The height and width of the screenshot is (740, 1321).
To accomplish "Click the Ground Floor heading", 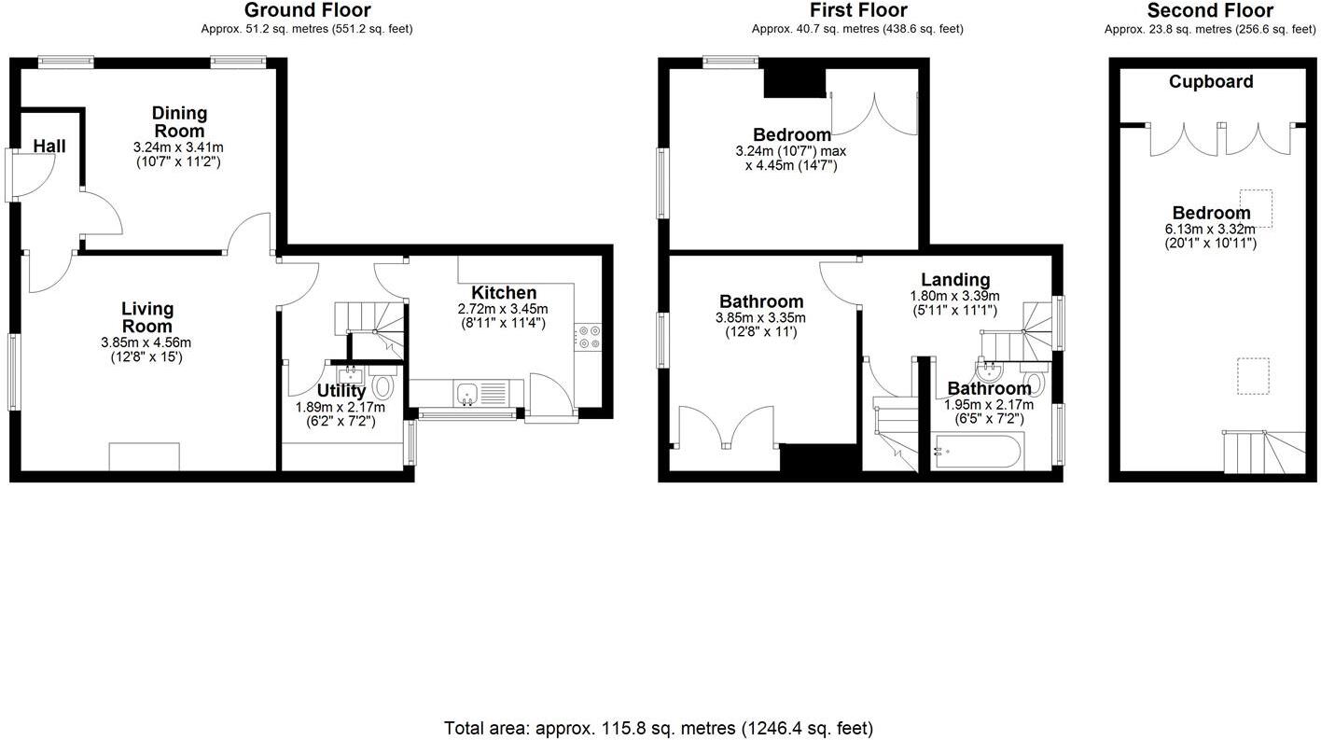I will [x=307, y=10].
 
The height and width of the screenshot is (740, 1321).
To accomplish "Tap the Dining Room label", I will [x=179, y=121].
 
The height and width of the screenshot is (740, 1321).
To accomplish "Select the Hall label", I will [x=49, y=147].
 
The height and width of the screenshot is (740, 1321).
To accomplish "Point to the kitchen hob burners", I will [x=589, y=336].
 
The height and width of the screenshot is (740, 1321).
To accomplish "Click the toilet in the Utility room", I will [x=383, y=385].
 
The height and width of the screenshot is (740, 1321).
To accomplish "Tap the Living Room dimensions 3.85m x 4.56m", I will [x=146, y=342].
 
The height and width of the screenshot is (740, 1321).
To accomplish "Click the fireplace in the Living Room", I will [x=145, y=456].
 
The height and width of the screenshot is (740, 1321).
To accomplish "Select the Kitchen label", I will [x=504, y=292].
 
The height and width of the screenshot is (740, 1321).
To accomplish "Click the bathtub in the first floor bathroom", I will [x=978, y=454].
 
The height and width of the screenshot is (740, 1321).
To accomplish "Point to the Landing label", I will [x=954, y=279].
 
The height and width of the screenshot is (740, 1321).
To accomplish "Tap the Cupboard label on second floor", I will [x=1211, y=81].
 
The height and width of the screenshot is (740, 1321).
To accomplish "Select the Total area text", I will [x=659, y=728].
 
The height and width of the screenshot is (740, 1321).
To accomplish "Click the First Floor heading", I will [x=857, y=10].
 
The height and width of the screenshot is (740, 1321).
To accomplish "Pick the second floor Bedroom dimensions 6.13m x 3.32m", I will [x=1211, y=229].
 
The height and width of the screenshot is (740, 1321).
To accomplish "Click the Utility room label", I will [x=341, y=391].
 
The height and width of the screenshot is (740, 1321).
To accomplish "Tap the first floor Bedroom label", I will [x=791, y=134].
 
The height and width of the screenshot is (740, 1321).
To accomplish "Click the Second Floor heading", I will [x=1210, y=10].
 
